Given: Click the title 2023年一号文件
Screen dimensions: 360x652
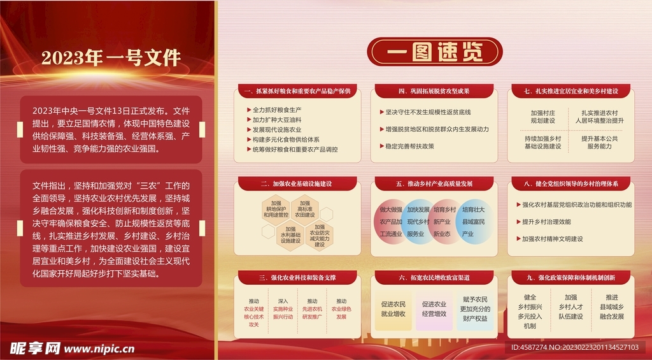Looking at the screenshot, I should (111, 58).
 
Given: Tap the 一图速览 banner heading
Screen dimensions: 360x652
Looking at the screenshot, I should (434, 52).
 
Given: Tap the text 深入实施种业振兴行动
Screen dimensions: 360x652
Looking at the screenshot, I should (283, 308).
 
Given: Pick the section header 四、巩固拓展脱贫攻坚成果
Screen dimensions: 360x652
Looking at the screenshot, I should (434, 91).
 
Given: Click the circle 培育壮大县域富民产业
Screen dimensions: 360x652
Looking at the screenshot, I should (473, 222).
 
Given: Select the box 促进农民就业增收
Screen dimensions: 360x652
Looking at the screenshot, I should (393, 309).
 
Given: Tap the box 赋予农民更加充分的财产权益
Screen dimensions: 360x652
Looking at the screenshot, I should (474, 309).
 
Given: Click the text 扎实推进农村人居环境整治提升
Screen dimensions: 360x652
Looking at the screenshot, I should (599, 116).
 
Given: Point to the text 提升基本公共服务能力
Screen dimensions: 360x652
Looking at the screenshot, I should (599, 142).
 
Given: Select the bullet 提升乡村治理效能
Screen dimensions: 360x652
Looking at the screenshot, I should (546, 222).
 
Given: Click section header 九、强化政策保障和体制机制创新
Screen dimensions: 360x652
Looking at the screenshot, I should (570, 277).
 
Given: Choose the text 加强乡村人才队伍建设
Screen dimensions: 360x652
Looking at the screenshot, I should (571, 306).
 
